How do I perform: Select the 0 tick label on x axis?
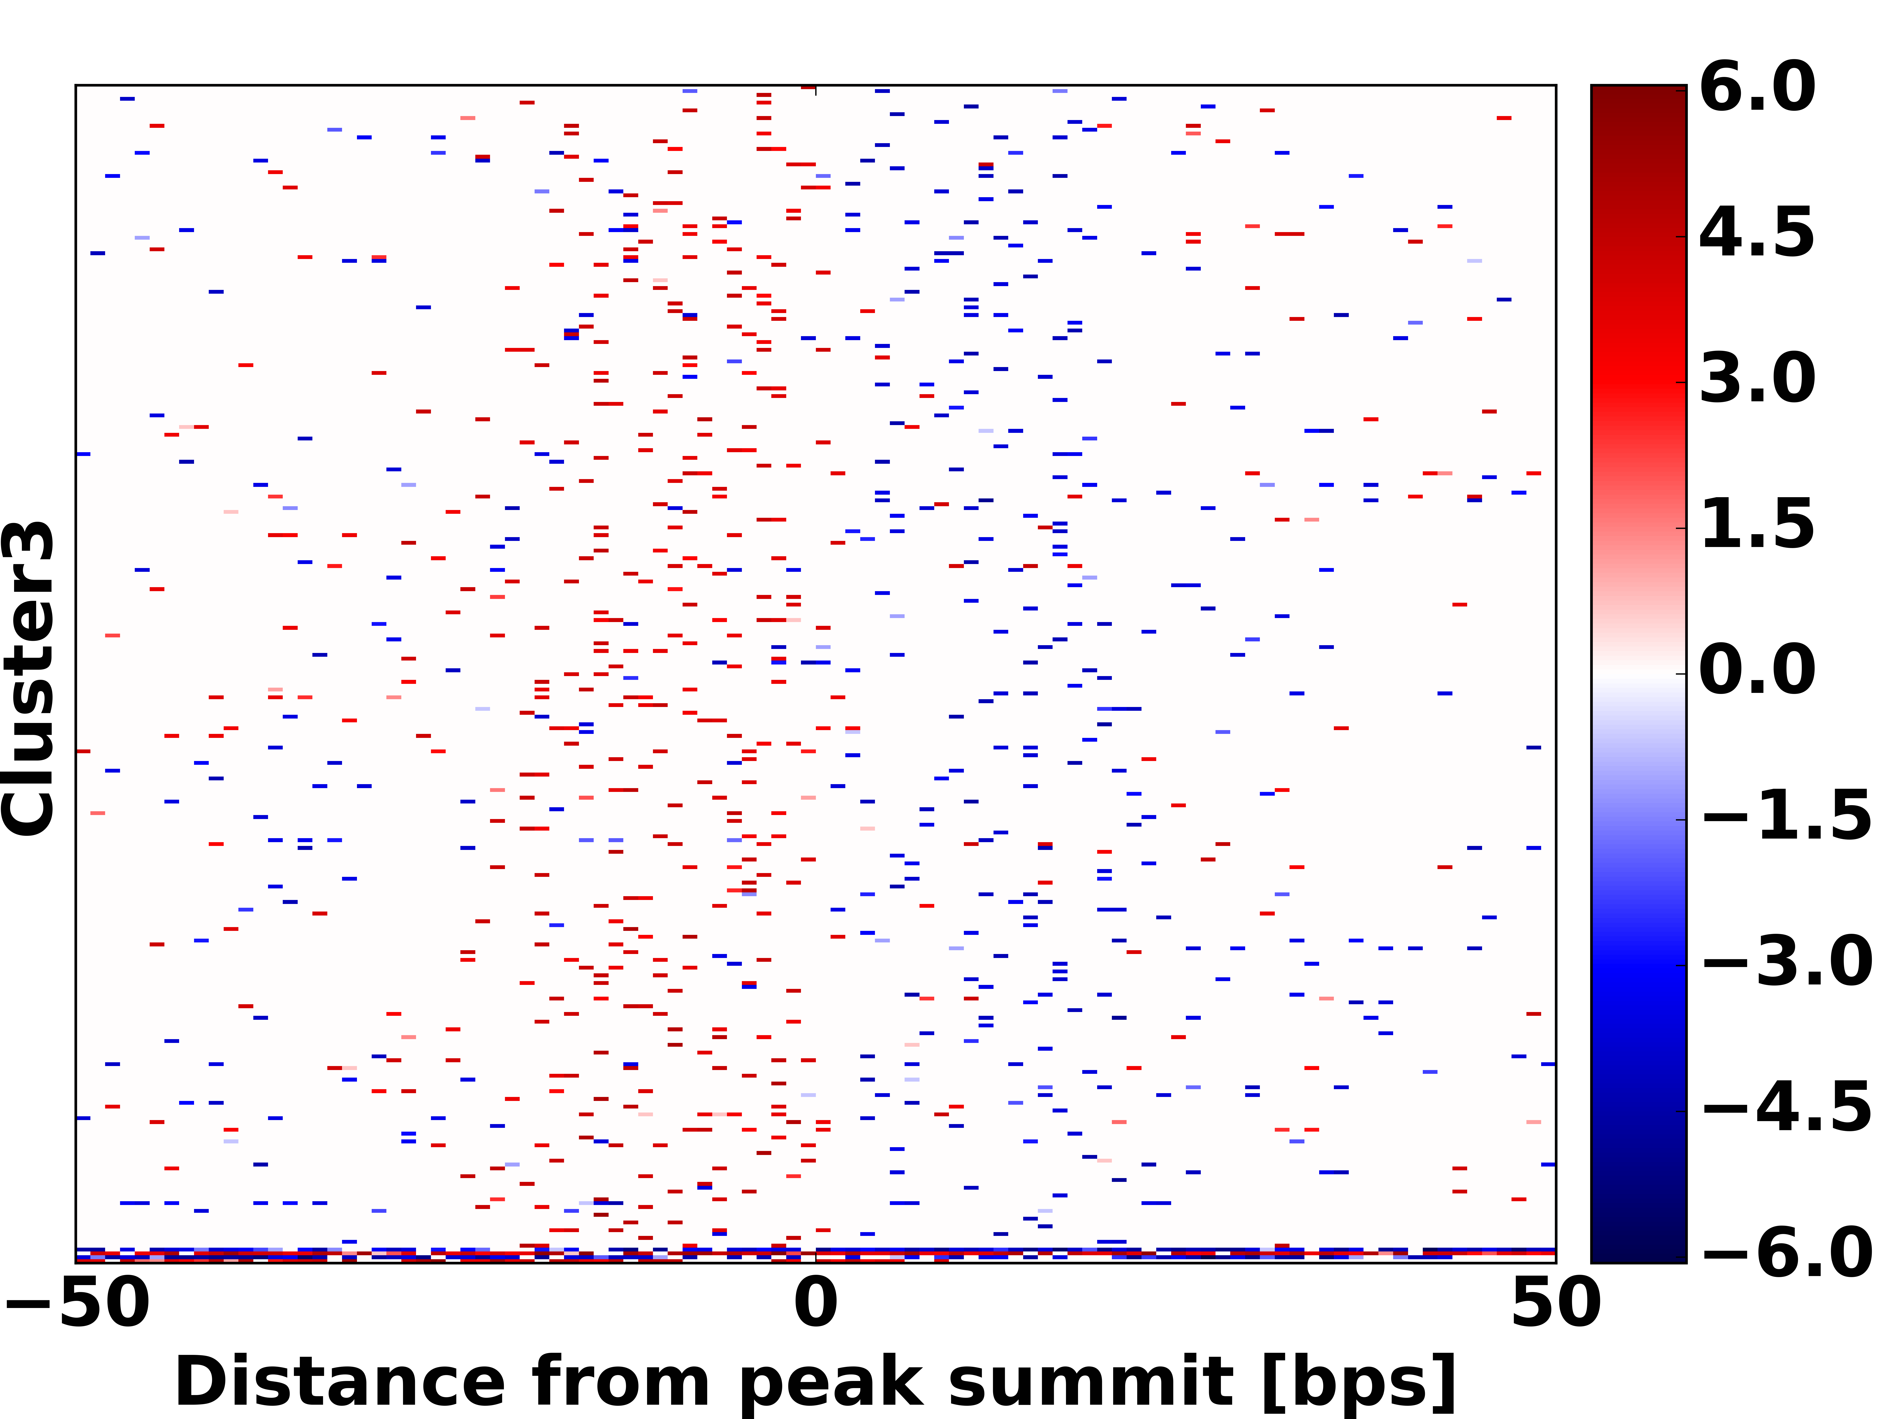[x=815, y=1304]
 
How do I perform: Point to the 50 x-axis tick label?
[x=1555, y=1304]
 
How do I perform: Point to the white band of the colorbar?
[x=1638, y=673]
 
